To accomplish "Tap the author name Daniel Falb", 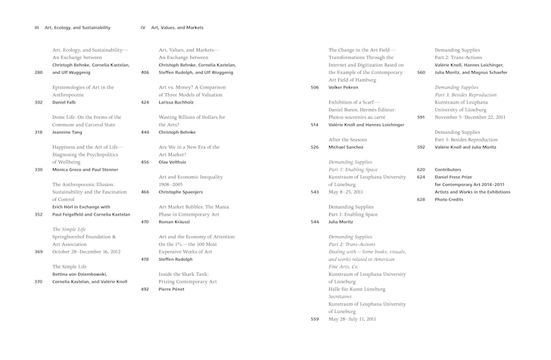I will click(67, 102).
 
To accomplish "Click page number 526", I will click(314, 147).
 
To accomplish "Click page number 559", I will click(315, 318).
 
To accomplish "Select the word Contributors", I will click(453, 169).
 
